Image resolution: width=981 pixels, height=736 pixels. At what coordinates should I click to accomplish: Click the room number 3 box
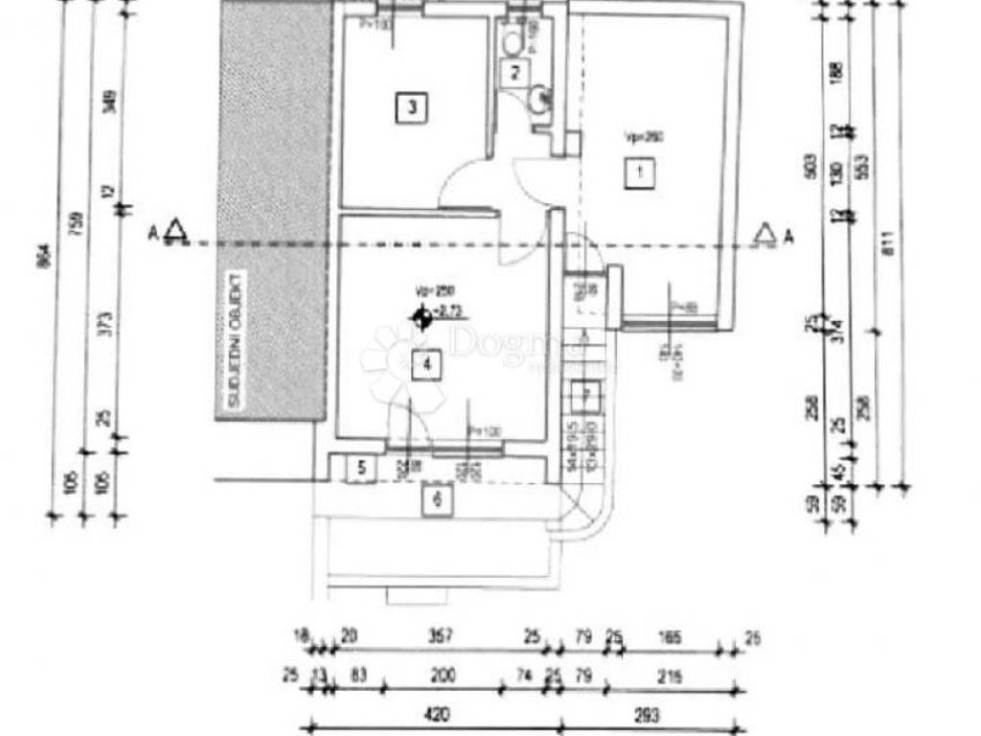(x=411, y=107)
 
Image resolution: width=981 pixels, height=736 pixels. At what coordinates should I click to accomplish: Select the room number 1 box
(x=634, y=173)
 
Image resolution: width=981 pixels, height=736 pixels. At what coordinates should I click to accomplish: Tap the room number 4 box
(x=427, y=365)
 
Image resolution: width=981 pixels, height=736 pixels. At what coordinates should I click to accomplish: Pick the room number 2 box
(x=515, y=72)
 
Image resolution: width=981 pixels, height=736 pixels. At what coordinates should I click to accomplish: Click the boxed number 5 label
(x=361, y=469)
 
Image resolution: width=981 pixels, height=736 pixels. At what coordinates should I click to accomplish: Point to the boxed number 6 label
(x=438, y=499)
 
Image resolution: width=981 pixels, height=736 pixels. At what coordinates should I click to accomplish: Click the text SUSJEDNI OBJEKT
(x=232, y=341)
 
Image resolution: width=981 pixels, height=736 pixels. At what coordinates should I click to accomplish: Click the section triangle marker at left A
(x=174, y=231)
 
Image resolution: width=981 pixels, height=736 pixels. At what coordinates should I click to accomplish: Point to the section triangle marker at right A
(x=764, y=234)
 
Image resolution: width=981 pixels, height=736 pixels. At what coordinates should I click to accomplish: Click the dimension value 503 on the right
(x=810, y=165)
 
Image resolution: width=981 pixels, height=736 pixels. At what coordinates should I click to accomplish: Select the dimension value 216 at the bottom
(x=670, y=677)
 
